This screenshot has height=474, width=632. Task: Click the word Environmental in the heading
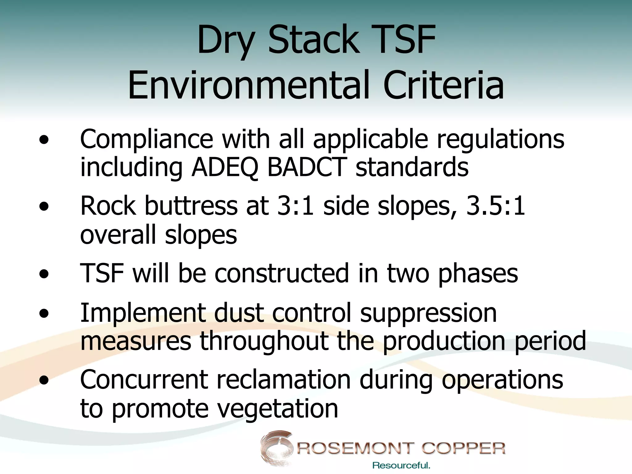pos(249,85)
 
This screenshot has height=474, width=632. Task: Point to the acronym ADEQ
pos(224,167)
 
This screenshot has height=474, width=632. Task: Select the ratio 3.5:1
pos(495,206)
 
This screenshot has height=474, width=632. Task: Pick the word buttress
pos(191,206)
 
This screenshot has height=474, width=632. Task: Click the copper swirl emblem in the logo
pos(276,447)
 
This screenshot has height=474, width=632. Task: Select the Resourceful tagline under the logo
pos(401,465)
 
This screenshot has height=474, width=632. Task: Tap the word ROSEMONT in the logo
pos(355,448)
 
